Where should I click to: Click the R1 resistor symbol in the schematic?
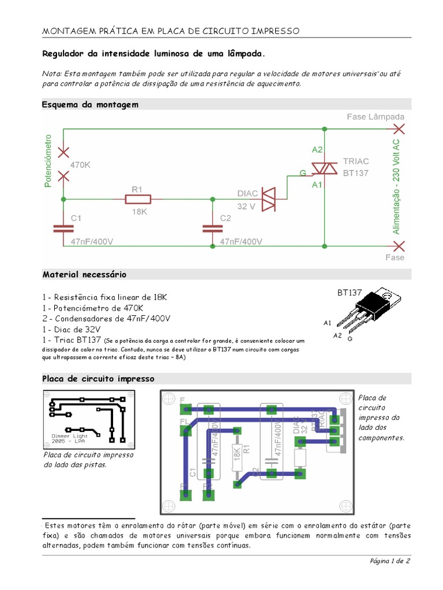coord(138,199)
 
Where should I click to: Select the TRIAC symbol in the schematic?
coord(324,168)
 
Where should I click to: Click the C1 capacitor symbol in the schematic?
coord(63,228)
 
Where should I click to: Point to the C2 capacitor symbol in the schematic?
coord(212,228)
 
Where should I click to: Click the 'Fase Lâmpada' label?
coord(376,117)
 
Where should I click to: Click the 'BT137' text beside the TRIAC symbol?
coord(355,172)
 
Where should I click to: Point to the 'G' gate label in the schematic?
coord(302,172)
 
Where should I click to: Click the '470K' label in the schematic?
coord(81,164)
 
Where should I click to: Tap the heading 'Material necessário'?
coord(84,274)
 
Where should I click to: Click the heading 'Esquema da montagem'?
coord(90,104)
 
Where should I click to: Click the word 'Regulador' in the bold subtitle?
coord(63,54)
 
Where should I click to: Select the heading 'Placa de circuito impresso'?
coord(99,379)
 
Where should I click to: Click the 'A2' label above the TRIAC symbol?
coord(318,150)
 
